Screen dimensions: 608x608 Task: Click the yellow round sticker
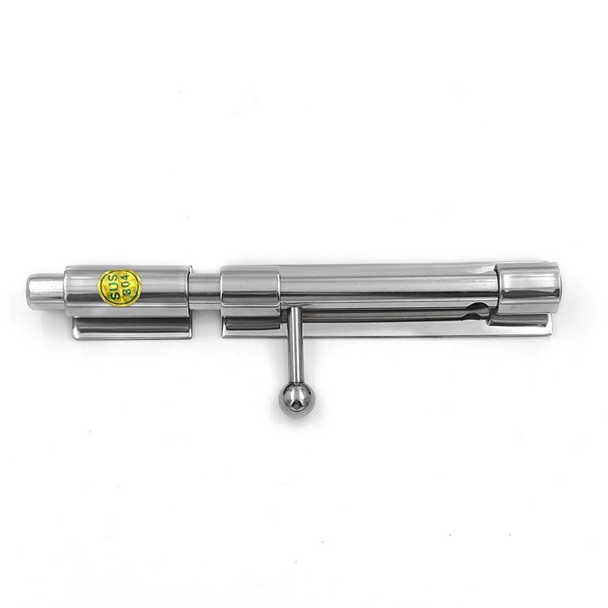coord(120,288)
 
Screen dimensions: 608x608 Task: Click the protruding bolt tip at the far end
coord(46,292)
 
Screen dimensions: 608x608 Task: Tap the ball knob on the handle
coord(295,399)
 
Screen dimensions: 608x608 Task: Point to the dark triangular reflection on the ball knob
coord(296,404)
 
